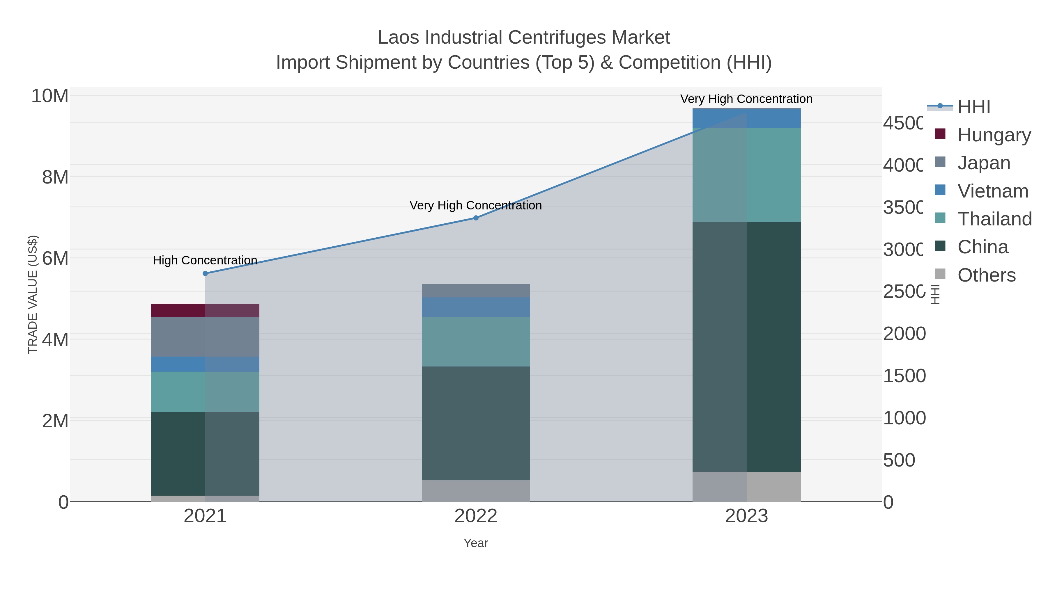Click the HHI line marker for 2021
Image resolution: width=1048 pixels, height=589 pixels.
pos(205,274)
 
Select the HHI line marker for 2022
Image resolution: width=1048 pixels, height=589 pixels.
pos(476,218)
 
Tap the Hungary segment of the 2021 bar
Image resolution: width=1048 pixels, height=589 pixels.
pos(205,311)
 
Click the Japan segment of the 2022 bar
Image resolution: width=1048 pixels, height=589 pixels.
pos(476,291)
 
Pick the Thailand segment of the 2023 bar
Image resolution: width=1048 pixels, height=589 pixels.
pos(746,175)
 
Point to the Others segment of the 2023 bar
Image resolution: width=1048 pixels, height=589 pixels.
pos(746,487)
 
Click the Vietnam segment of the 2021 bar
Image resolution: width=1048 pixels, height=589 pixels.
pos(205,364)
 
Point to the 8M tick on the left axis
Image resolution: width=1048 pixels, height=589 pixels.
pos(55,177)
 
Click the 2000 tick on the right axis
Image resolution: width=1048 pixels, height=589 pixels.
pos(904,334)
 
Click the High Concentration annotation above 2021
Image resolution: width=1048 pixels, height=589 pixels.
pos(205,260)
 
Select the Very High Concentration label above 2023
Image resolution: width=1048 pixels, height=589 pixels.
pos(746,99)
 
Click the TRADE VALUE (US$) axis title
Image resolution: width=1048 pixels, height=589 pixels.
pos(33,294)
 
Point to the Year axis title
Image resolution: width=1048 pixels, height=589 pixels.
pos(476,543)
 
